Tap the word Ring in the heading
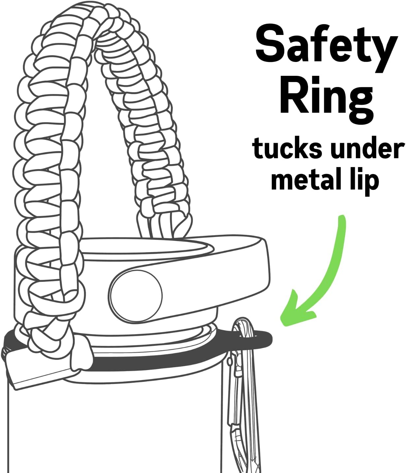pyautogui.click(x=326, y=101)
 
